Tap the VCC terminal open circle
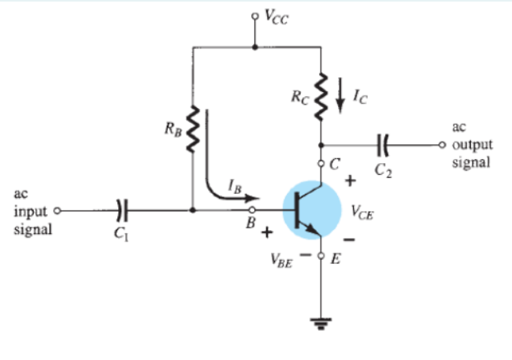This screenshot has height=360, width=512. point(254,15)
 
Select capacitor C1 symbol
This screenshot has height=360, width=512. point(121,210)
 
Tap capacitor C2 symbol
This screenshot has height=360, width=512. point(384,145)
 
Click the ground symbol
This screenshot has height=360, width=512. point(321,321)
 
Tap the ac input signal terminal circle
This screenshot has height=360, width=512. point(56,211)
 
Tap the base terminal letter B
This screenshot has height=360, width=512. point(250,224)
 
